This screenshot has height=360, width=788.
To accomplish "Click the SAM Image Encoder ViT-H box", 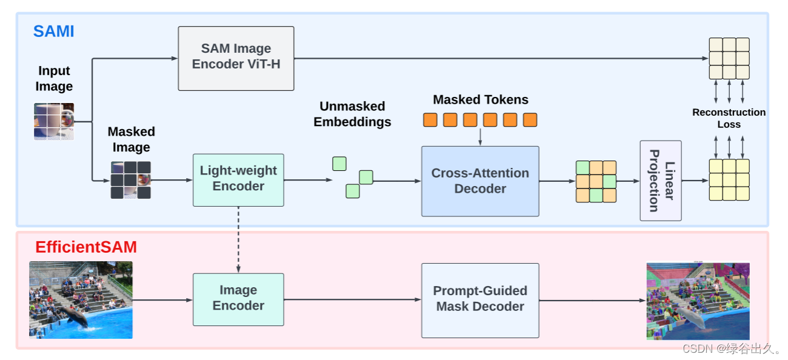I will click(236, 58).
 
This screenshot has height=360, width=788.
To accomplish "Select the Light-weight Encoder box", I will click(238, 180).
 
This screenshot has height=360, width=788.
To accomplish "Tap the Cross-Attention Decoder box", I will click(480, 181).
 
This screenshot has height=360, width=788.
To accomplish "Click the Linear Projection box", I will click(661, 181).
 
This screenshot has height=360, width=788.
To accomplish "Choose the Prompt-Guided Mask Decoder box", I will click(480, 300).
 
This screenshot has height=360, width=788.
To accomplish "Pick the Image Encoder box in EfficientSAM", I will click(238, 299).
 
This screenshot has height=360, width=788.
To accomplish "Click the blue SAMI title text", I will click(53, 32).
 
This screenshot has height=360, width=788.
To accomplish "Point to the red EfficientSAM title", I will click(85, 247).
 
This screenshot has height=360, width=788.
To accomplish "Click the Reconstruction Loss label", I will click(729, 118).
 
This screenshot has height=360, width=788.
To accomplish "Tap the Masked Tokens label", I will click(480, 100).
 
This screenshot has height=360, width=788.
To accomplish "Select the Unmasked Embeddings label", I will click(352, 114).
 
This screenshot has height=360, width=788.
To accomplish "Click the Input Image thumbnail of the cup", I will click(54, 121).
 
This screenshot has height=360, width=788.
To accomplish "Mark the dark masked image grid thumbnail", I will click(130, 180).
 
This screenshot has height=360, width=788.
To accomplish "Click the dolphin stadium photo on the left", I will click(81, 299).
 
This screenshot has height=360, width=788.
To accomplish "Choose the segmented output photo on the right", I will click(698, 301).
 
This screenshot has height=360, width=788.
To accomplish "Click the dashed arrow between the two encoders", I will click(238, 239).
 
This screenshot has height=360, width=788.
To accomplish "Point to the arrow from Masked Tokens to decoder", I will click(480, 136).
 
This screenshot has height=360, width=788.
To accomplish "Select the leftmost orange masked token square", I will click(430, 120).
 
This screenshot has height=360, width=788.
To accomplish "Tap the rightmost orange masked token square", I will click(530, 120).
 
